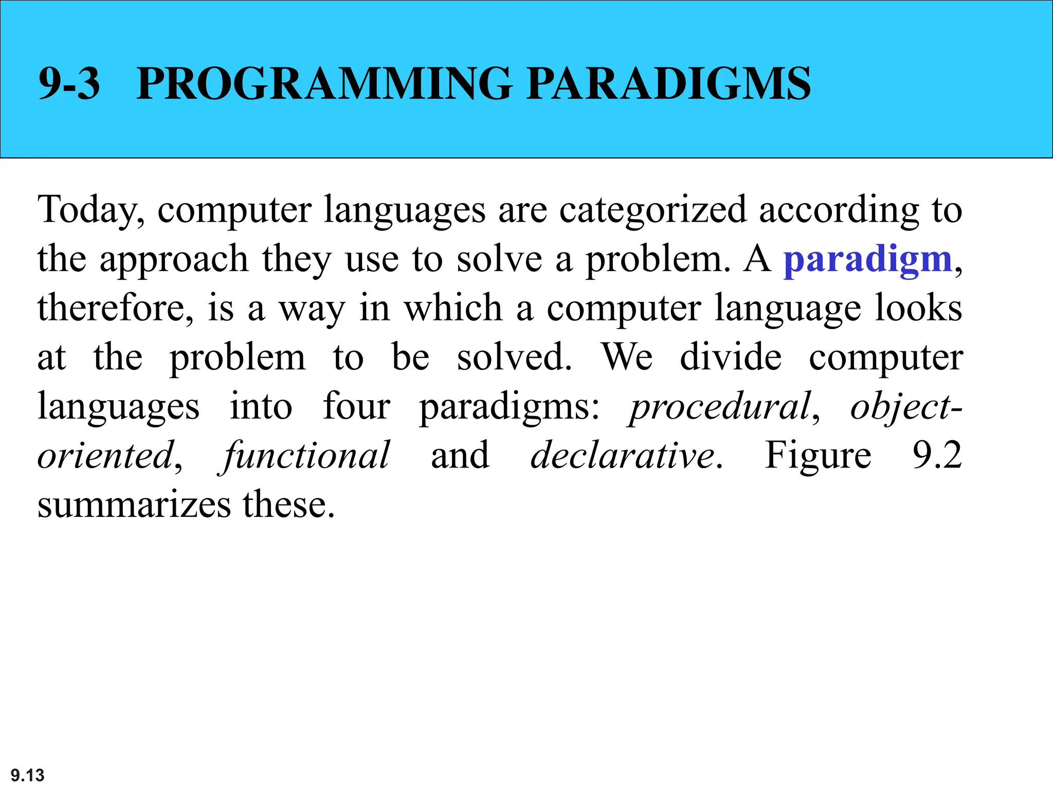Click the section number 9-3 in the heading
tap(69, 83)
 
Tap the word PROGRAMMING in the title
tap(324, 83)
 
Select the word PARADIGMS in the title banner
tap(668, 83)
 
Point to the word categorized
tap(653, 210)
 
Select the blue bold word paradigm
tap(868, 259)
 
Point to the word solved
tap(514, 357)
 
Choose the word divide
tap(731, 357)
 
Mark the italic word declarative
tap(623, 456)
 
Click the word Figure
tap(818, 456)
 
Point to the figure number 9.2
tap(937, 456)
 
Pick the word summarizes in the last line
tap(134, 505)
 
